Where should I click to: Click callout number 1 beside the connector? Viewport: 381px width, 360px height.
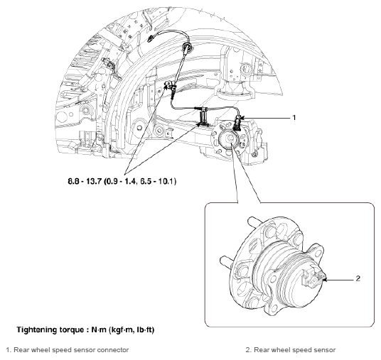pos(294,118)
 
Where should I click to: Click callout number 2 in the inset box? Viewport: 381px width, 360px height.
pos(358,278)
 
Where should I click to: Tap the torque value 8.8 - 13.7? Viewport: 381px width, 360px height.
pos(84,181)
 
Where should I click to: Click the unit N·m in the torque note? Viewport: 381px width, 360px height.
pos(99,329)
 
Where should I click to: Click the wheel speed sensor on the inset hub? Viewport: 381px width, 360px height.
pos(313,277)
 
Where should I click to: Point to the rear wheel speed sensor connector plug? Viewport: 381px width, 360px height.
pos(237,123)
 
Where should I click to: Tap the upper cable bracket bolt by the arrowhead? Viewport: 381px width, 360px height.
pos(168,84)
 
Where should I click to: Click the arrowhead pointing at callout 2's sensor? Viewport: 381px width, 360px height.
pos(326,280)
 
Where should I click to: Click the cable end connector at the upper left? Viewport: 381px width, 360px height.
pos(151,38)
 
